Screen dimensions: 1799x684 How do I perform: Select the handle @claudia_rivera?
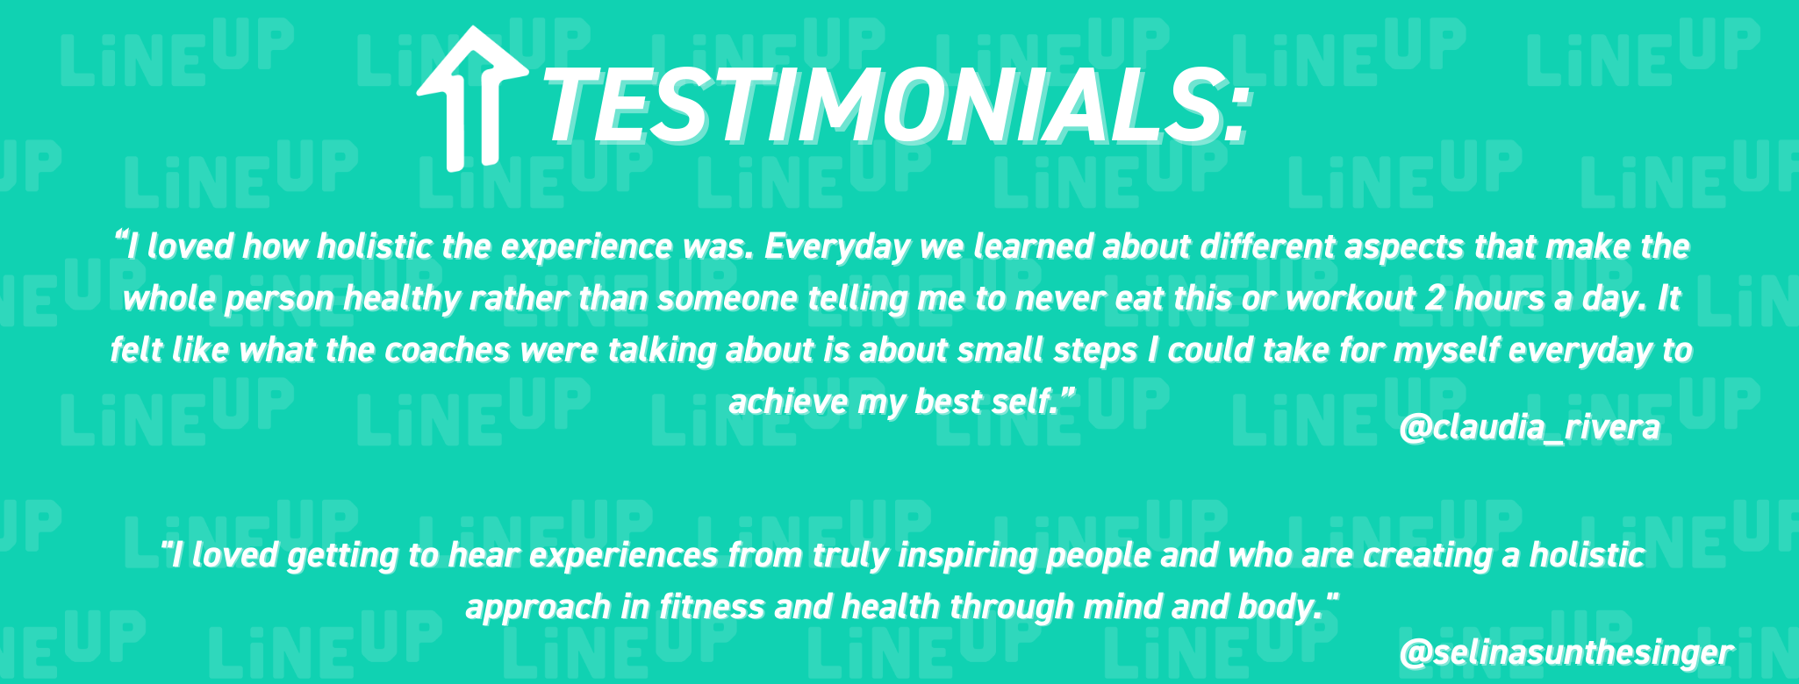(1530, 427)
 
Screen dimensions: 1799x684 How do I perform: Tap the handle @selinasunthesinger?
(1566, 652)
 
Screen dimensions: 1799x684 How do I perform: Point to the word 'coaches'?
(448, 351)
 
